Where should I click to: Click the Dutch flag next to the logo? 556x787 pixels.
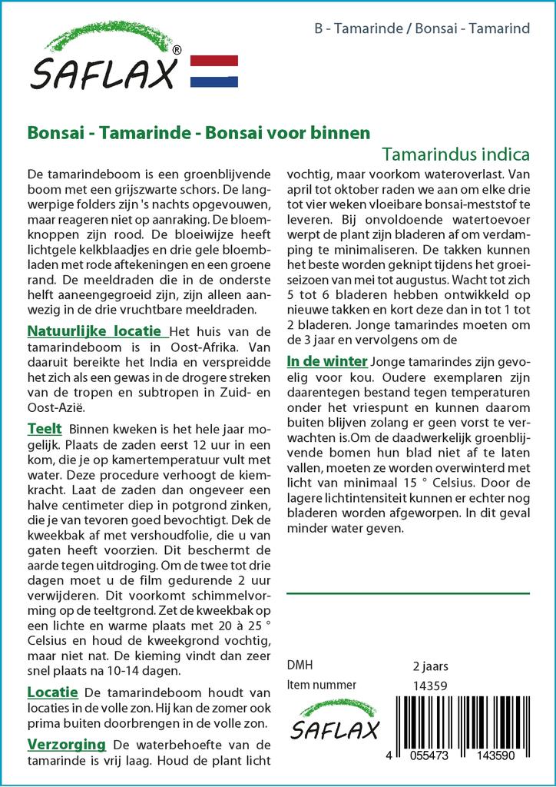[x=213, y=71]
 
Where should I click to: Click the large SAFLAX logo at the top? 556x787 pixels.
[x=104, y=58]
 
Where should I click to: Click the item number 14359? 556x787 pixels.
[x=430, y=686]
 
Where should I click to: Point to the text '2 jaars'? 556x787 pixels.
[x=430, y=666]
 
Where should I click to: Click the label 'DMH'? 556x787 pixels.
[x=300, y=666]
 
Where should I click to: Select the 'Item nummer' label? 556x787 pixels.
[x=321, y=685]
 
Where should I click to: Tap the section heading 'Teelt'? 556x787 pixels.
[x=45, y=428]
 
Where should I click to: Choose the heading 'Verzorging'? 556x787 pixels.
[x=66, y=744]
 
